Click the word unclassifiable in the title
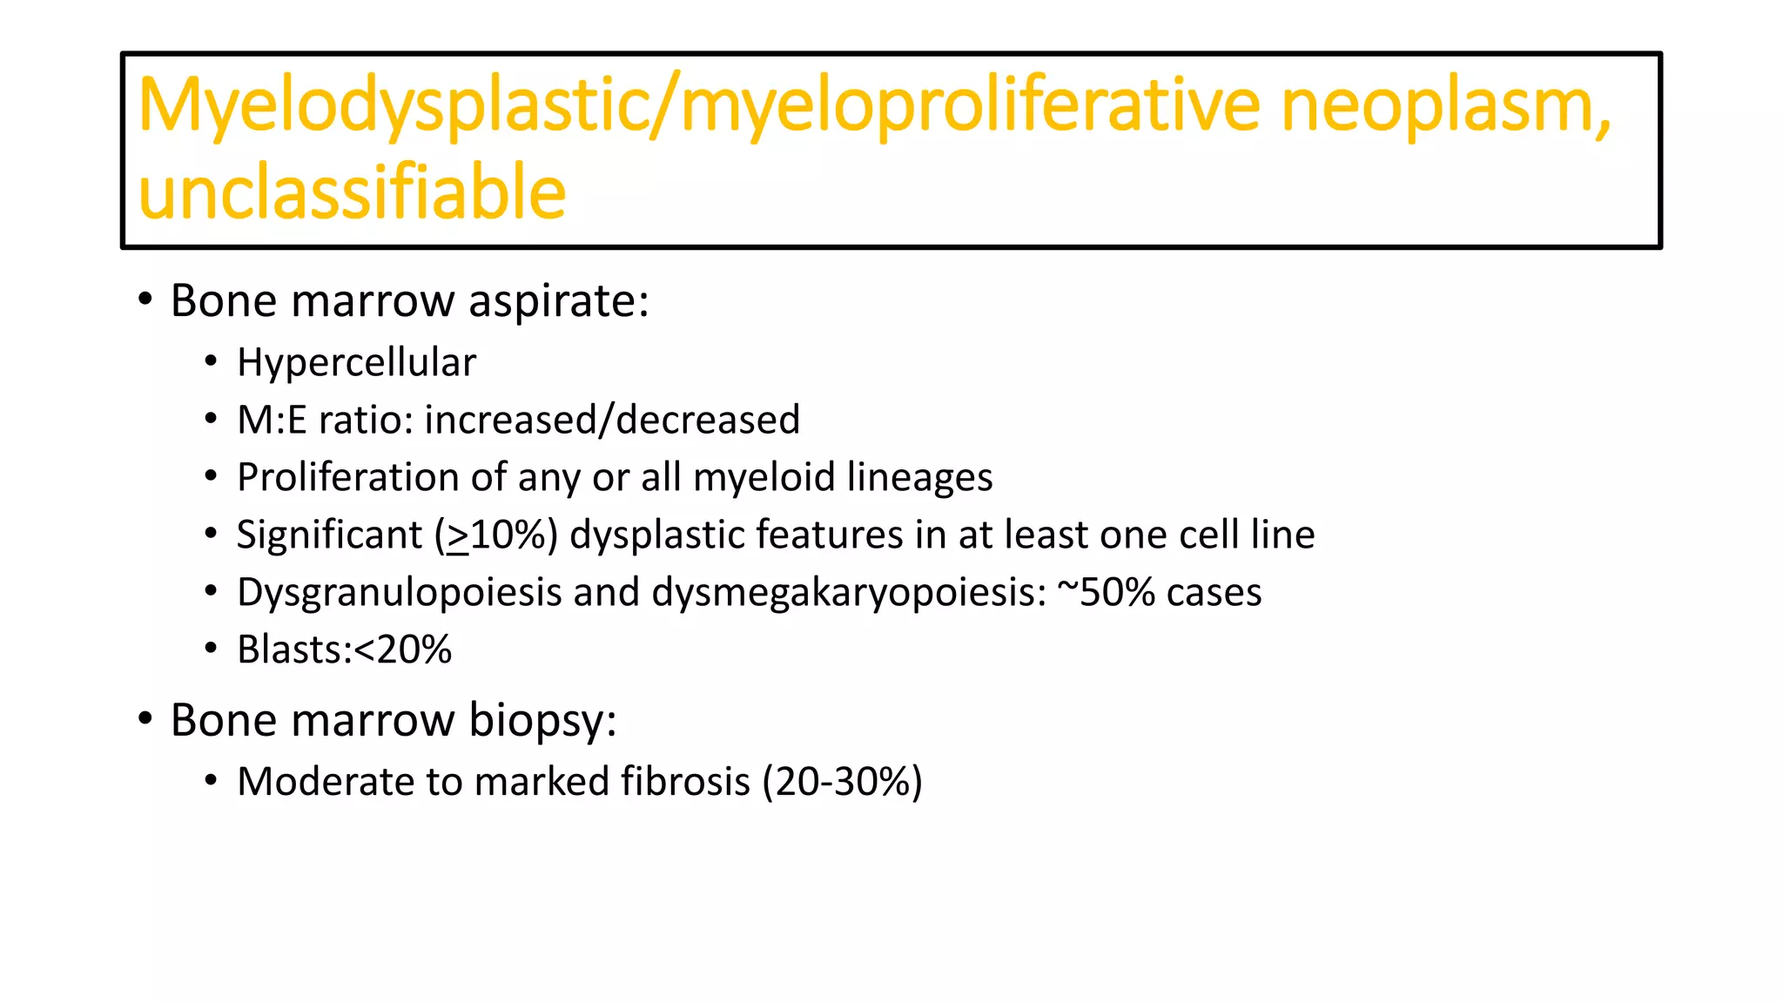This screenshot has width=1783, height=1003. [352, 192]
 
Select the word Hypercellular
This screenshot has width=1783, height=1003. [356, 362]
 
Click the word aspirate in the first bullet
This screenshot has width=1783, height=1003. [558, 301]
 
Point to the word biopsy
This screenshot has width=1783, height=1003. [542, 721]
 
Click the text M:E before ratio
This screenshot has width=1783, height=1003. [272, 420]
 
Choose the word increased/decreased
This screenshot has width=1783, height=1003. [612, 420]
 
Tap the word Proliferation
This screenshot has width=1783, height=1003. [348, 477]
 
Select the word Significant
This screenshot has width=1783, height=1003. [329, 535]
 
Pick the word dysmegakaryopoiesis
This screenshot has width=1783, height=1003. [849, 593]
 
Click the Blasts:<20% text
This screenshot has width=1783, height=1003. [345, 650]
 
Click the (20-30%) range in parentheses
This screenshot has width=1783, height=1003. [842, 781]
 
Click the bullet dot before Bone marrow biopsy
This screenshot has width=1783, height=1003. [145, 719]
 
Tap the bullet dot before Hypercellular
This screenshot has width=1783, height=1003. [211, 362]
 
